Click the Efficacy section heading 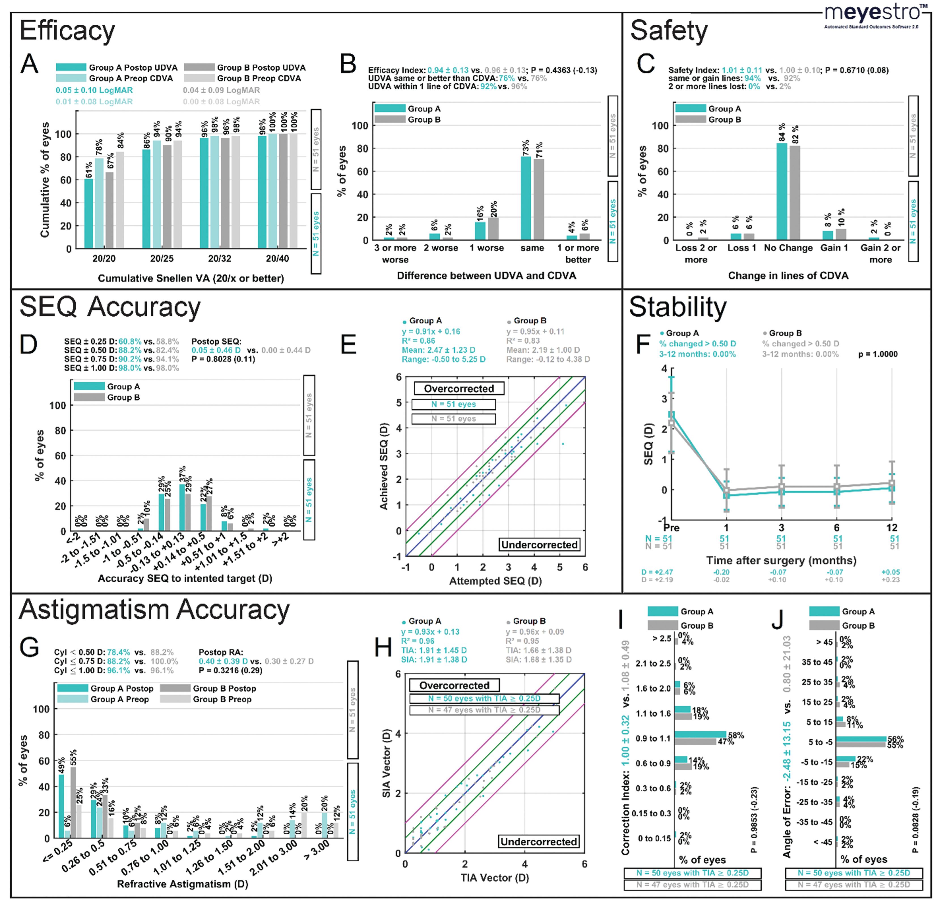point(67,31)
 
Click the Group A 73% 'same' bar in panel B point(525,198)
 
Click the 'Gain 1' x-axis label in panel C point(834,248)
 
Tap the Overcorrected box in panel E point(459,388)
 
